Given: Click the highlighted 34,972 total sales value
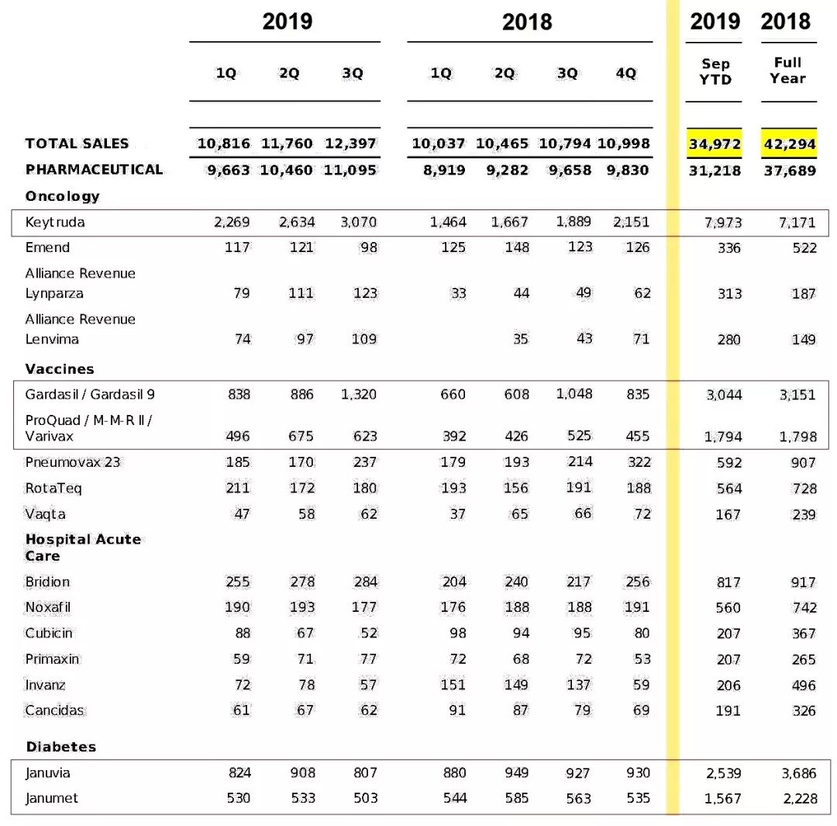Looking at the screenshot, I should click(x=715, y=144).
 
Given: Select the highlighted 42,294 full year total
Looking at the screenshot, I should click(x=789, y=144).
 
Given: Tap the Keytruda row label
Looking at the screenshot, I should click(x=54, y=223).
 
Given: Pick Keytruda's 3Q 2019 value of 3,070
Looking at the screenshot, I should click(x=358, y=223).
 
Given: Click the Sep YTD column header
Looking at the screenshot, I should click(x=715, y=71).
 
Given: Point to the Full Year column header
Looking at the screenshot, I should click(x=787, y=71).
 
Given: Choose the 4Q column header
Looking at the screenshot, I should click(x=625, y=74).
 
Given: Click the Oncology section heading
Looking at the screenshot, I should click(x=62, y=196).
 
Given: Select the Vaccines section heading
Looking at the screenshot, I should click(x=60, y=369).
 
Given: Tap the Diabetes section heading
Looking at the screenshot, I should click(x=61, y=747).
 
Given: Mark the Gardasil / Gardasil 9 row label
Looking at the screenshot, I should click(x=90, y=395).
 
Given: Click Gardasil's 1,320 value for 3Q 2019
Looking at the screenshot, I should click(x=358, y=395).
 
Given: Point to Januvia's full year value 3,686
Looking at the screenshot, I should click(x=797, y=773).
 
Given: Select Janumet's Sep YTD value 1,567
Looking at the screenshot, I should click(x=722, y=799).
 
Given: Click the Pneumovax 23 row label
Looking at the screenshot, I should click(x=73, y=462).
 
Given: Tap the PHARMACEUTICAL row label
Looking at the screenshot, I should click(x=94, y=170).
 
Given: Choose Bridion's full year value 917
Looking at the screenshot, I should click(x=804, y=582).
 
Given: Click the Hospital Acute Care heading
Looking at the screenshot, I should click(x=83, y=548).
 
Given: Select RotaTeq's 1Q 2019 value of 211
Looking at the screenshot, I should click(x=237, y=489).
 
